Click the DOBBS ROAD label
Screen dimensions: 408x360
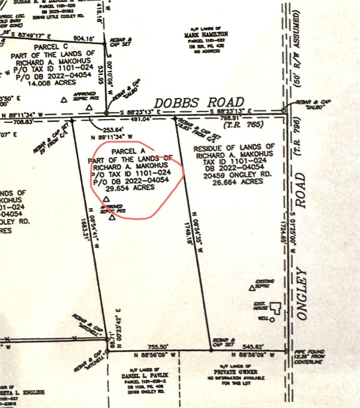pos(199,102)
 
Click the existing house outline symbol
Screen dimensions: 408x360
pos(275,307)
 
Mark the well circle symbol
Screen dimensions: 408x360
pos(271,320)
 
